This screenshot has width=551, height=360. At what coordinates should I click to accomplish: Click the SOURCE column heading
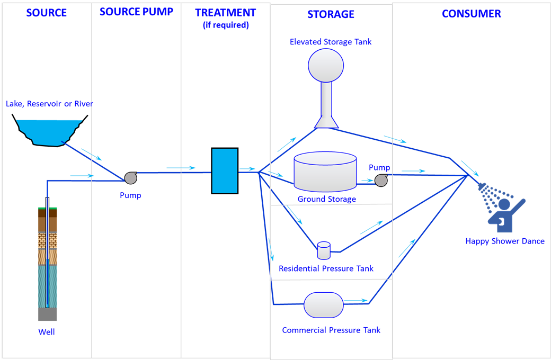(47, 13)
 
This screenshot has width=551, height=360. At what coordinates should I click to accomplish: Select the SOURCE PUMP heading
(136, 12)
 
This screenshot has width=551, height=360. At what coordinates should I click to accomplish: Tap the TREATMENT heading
(225, 13)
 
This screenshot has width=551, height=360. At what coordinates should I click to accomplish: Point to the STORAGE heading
(331, 14)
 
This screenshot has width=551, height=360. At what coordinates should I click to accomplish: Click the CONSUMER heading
(472, 14)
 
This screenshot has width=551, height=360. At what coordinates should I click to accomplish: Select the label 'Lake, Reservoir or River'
(50, 104)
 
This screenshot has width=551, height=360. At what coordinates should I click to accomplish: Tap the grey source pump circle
(130, 178)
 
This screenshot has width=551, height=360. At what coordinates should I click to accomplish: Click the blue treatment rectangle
(225, 170)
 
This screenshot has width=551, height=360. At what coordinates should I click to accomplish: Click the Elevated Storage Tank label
(331, 42)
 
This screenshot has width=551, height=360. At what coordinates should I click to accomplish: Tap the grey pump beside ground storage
(381, 181)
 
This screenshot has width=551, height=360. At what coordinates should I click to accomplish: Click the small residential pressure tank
(324, 250)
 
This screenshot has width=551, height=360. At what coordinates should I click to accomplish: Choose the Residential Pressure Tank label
(326, 269)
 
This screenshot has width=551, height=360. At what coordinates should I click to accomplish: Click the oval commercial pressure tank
(324, 305)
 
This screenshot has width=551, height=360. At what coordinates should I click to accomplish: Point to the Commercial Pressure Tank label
(331, 330)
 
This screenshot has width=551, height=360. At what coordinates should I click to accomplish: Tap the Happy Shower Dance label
(505, 241)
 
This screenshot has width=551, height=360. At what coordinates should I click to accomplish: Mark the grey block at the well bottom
(48, 314)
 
